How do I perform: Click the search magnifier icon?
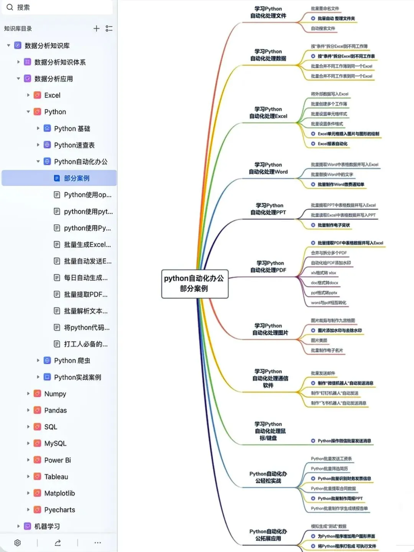tap(10, 7)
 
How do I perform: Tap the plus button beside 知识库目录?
tap(96, 28)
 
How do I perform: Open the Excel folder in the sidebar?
tap(52, 95)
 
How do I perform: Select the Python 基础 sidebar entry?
tap(72, 128)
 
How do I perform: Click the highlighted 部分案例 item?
tap(76, 178)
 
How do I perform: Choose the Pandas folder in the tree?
tap(55, 411)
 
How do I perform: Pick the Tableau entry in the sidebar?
tap(56, 477)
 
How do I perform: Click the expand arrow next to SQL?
tap(28, 427)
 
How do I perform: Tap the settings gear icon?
tap(17, 543)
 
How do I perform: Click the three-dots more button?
tap(97, 543)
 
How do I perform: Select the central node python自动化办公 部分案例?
tap(194, 284)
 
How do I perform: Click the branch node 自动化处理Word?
tap(268, 168)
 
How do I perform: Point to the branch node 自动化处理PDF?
tap(268, 266)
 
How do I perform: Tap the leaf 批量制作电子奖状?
tap(333, 225)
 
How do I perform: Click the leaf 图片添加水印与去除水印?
tap(339, 330)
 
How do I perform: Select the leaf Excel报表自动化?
tap(332, 144)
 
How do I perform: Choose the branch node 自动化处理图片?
tap(270, 329)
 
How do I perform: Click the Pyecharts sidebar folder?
tap(59, 510)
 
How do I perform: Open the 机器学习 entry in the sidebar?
tap(47, 526)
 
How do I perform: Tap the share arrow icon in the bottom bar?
tap(58, 543)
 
